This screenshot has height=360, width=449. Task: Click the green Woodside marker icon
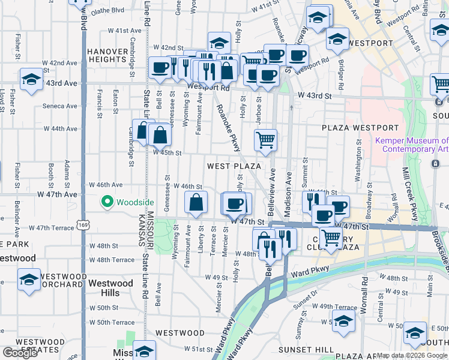pyautogui.click(x=108, y=202)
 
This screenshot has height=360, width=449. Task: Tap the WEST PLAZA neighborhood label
pyautogui.click(x=234, y=166)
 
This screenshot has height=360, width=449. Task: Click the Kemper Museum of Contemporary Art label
pyautogui.click(x=411, y=145)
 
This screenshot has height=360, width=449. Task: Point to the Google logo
pyautogui.click(x=20, y=352)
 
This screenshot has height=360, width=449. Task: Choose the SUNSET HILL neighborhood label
pyautogui.click(x=306, y=349)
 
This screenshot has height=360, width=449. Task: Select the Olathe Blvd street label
pyautogui.click(x=107, y=10)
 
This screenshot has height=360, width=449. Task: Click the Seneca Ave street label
pyautogui.click(x=59, y=106)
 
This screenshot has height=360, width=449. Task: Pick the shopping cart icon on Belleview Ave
pyautogui.click(x=265, y=140)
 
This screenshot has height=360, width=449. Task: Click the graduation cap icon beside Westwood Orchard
pyautogui.click(x=29, y=280)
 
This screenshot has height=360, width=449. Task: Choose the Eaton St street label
pyautogui.click(x=115, y=98)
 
